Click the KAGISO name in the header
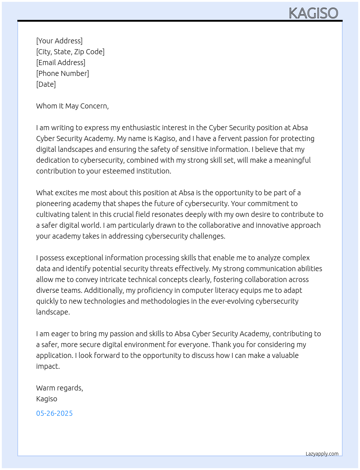(313, 13)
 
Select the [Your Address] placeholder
(59, 41)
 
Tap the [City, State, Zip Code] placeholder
(70, 52)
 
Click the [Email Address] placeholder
(61, 63)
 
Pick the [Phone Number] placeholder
(63, 73)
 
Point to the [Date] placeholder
(46, 84)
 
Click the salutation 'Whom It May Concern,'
(72, 106)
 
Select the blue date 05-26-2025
(54, 413)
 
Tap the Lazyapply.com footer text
(322, 454)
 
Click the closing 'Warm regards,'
(60, 388)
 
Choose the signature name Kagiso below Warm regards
(47, 399)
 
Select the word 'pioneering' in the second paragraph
(53, 204)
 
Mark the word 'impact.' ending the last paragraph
(48, 366)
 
